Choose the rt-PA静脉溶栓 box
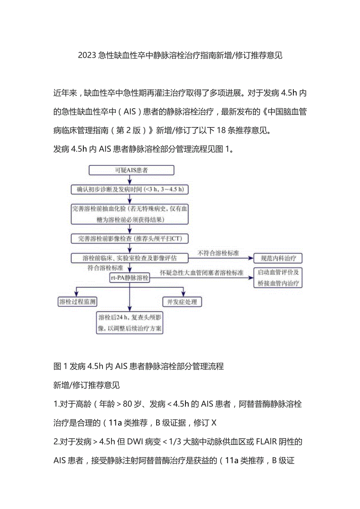[x=129, y=278]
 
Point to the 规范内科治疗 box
[x=278, y=258]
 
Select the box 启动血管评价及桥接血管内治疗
[x=278, y=278]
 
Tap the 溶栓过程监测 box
[x=77, y=302]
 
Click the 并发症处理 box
[x=182, y=302]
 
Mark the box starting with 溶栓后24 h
[x=130, y=323]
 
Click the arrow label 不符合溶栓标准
[x=218, y=253]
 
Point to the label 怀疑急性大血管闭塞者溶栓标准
[x=202, y=272]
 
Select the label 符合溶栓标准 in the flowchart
[x=105, y=268]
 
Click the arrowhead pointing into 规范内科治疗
[x=250, y=258]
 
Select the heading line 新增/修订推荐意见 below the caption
[x=86, y=385]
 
